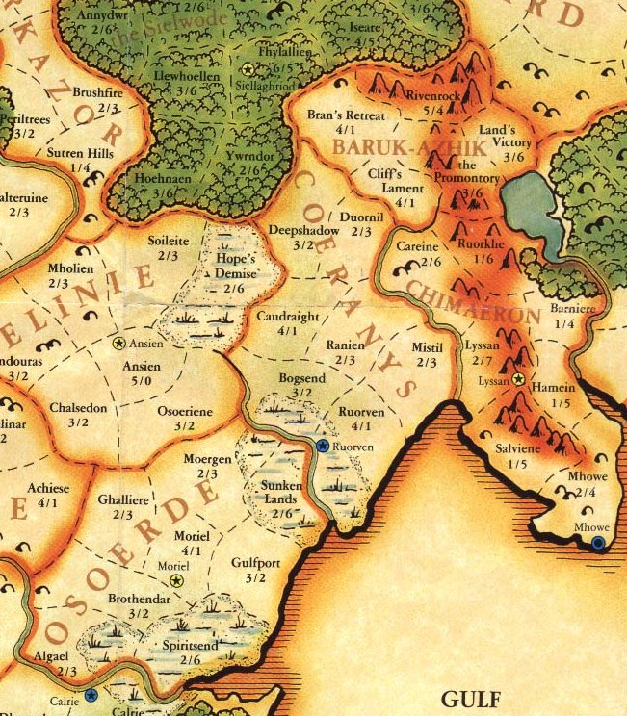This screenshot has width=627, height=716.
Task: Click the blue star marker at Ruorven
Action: coord(322,447)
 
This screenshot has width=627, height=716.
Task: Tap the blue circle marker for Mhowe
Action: coord(598,544)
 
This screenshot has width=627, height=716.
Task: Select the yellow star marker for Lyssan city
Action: coord(519,380)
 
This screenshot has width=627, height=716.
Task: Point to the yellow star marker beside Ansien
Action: coord(118,343)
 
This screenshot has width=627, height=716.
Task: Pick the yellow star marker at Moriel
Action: coord(176,580)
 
